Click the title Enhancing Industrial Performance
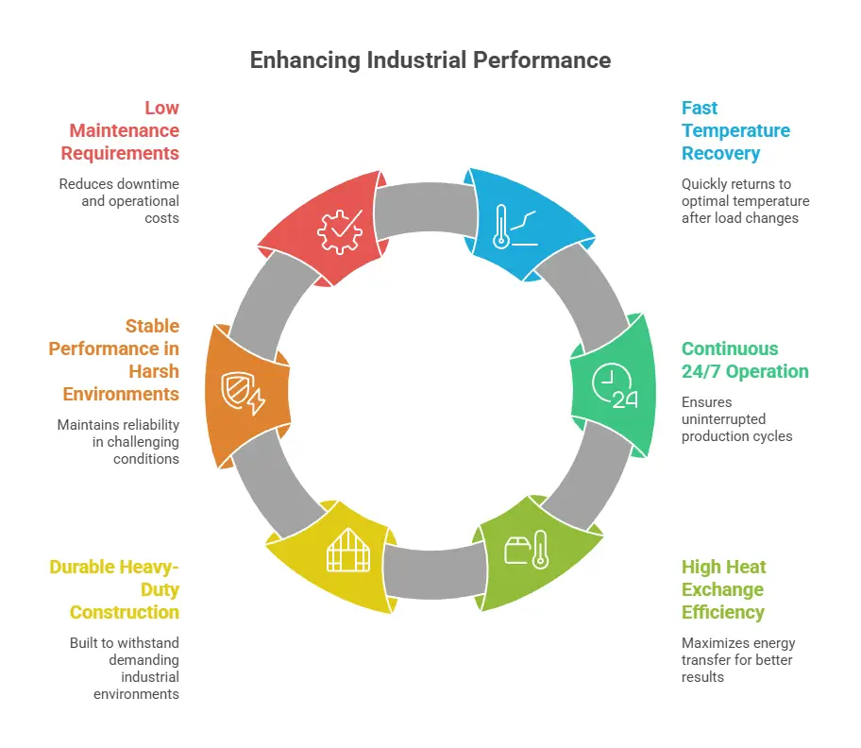(430, 60)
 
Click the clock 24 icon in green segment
(614, 386)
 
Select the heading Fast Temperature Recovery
(735, 130)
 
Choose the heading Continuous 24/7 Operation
(745, 359)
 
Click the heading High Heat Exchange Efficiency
(723, 589)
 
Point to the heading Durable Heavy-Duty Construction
(114, 589)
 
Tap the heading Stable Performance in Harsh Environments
(114, 359)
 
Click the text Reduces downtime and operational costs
(119, 200)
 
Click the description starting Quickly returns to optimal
(745, 200)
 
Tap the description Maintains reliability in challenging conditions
(118, 441)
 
